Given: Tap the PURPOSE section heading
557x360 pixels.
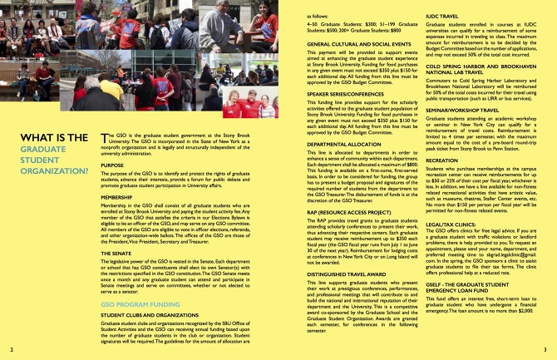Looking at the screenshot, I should pos(112,165).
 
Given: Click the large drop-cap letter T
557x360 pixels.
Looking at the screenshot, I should pos(103,136).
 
